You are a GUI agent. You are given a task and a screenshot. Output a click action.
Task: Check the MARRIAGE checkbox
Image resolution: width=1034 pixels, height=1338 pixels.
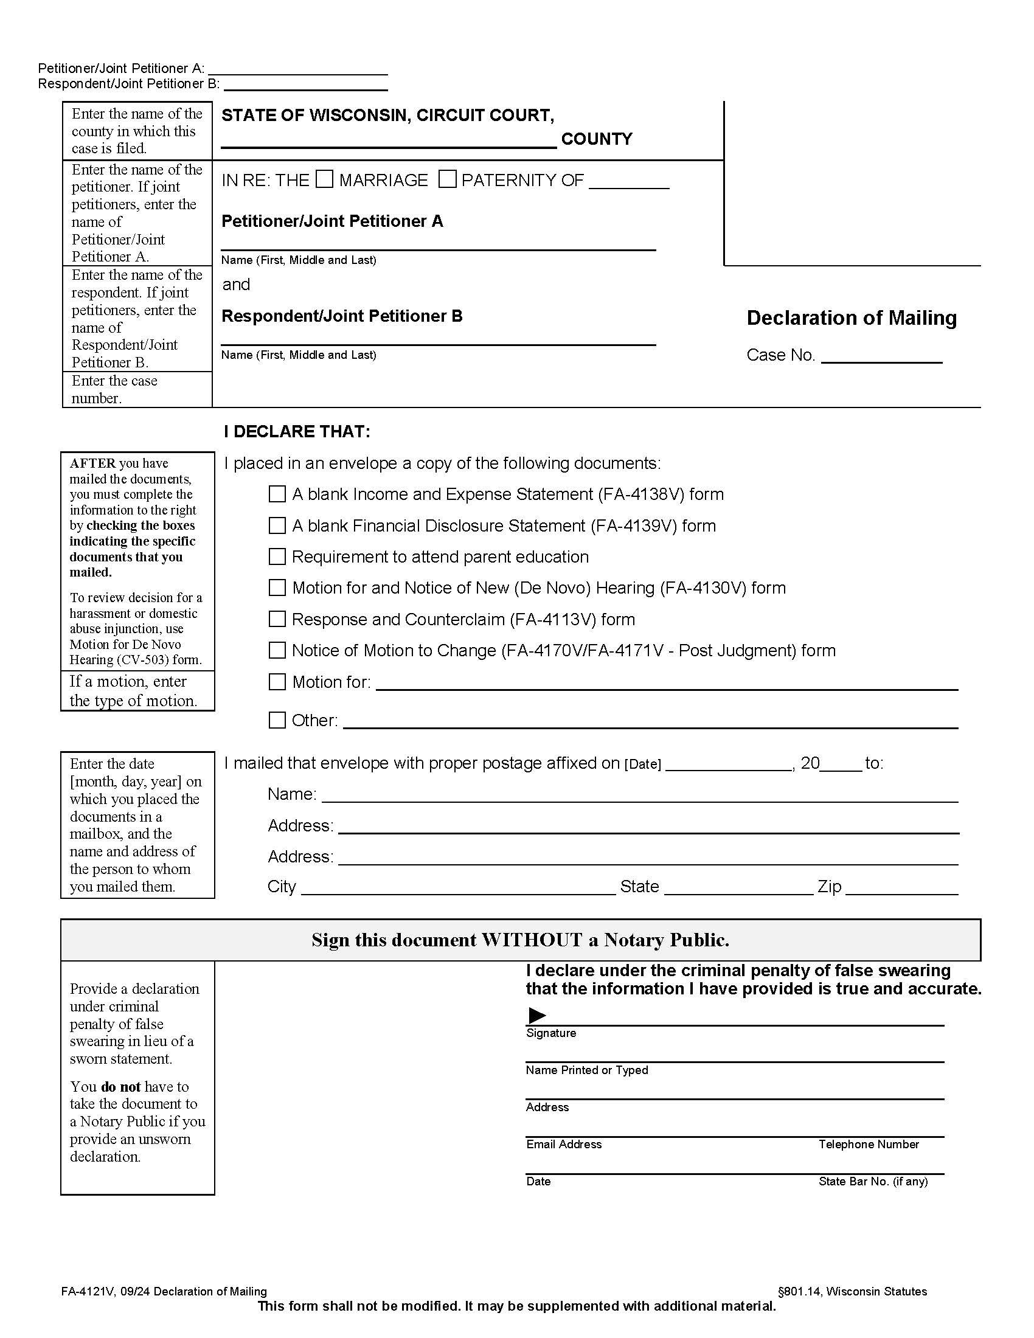[x=324, y=179]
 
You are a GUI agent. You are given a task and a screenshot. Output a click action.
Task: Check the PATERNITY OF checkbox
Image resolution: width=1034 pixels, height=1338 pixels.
[x=447, y=179]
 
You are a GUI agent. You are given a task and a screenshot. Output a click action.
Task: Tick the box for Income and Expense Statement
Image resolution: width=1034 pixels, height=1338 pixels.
[x=277, y=494]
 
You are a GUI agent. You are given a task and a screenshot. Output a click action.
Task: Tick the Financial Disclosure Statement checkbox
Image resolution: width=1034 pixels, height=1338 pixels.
[x=277, y=525]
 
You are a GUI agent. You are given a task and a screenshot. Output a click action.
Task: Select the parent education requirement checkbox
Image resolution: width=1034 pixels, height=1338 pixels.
[x=277, y=556]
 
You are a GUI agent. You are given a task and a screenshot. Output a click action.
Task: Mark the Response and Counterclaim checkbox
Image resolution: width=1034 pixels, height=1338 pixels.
[x=277, y=619]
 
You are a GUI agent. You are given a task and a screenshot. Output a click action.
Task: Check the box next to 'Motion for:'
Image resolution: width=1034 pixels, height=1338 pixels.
[x=277, y=682]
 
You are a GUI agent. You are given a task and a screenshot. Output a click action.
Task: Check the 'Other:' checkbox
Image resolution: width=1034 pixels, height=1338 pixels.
[x=277, y=720]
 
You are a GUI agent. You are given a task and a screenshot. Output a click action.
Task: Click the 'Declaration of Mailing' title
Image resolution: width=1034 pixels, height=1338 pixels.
[x=852, y=317]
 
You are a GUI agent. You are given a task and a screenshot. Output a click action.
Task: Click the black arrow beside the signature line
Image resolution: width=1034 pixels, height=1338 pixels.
[x=536, y=1015]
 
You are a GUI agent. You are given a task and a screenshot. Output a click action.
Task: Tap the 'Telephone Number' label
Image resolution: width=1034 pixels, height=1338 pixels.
[x=868, y=1144]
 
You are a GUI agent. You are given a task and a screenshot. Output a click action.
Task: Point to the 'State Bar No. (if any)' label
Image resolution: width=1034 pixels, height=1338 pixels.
[x=873, y=1181]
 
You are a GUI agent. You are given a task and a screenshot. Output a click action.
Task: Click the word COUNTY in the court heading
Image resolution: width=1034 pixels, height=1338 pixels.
[x=597, y=139]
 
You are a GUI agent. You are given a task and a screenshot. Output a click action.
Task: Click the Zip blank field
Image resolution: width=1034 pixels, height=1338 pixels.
[x=901, y=887]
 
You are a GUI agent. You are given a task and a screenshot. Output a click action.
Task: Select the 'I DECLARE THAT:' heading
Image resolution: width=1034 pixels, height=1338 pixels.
[x=297, y=431]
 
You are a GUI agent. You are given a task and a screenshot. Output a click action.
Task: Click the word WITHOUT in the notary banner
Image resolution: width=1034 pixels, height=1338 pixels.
[x=532, y=940]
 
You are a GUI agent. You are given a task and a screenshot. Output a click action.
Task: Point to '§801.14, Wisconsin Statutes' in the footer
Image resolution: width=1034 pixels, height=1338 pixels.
[x=852, y=1291]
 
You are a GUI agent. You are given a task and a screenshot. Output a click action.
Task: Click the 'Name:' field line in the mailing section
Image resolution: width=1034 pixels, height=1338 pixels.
[x=639, y=796]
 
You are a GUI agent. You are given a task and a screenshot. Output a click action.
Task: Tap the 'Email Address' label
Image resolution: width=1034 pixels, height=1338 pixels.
[x=564, y=1144]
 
